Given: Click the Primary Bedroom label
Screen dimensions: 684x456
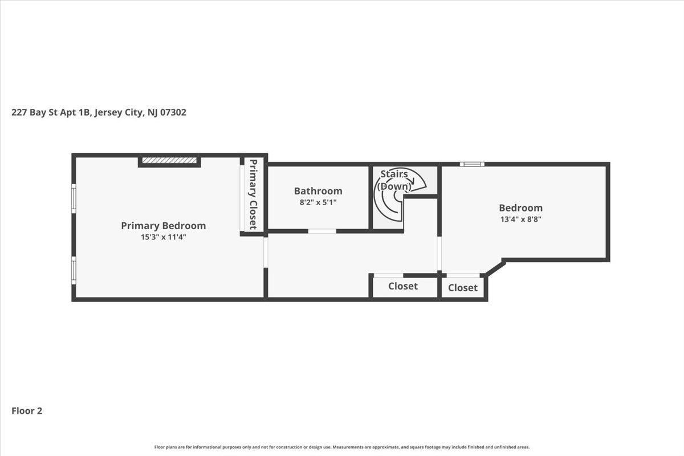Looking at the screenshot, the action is [x=164, y=226].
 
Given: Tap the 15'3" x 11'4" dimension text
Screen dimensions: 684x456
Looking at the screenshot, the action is [x=164, y=237].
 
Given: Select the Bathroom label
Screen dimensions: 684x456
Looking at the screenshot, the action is [x=318, y=191].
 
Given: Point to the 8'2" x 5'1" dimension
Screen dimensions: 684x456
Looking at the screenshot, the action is [x=318, y=202].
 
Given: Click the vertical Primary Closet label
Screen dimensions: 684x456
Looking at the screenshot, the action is [x=253, y=194].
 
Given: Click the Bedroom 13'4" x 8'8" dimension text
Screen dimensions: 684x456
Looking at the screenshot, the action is [x=521, y=219].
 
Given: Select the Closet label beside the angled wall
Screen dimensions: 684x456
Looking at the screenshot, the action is [x=463, y=287].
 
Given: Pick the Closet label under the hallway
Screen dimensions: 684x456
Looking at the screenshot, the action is [x=403, y=286].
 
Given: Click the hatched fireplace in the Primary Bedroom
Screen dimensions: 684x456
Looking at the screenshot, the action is [x=169, y=160].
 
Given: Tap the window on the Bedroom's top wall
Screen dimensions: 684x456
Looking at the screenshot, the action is [x=472, y=164].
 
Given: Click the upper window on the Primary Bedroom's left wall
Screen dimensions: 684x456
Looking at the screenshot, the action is [x=74, y=198].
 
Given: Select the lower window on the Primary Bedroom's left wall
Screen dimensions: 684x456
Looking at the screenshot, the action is [x=74, y=271].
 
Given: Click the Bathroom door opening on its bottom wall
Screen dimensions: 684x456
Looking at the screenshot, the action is [x=322, y=231].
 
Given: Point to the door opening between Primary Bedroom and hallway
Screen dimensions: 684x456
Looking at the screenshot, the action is [x=266, y=253].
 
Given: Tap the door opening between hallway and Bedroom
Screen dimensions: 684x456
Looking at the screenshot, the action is [x=439, y=254].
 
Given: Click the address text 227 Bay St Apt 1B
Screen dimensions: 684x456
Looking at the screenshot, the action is [x=51, y=112].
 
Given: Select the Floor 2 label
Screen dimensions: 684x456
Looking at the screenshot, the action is [x=27, y=411].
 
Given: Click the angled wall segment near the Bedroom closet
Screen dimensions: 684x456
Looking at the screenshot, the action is [x=495, y=268].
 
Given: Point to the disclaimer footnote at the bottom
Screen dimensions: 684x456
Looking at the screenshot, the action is [x=342, y=447].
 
